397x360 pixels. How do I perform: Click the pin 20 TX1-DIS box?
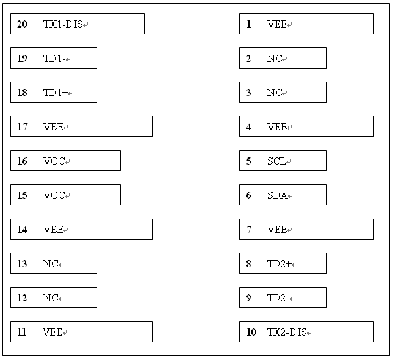[x=77, y=24]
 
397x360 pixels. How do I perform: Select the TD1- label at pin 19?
[x=55, y=59]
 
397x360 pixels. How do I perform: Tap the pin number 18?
[x=22, y=93]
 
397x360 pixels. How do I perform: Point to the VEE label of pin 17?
[x=53, y=127]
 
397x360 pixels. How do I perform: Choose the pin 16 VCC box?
[x=65, y=161]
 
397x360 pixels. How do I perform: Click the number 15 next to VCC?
[x=22, y=195]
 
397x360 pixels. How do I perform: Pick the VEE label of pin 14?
[x=53, y=230]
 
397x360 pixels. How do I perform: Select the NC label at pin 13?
[x=51, y=264]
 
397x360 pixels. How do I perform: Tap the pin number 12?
[x=22, y=298]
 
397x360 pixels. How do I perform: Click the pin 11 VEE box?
[x=81, y=332]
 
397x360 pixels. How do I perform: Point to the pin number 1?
[x=249, y=24]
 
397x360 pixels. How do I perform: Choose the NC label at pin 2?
[x=275, y=59]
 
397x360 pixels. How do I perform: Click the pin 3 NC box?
[x=282, y=92]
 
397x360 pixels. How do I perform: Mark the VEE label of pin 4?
[x=277, y=127]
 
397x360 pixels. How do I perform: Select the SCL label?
[x=277, y=161]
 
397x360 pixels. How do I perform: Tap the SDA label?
[x=277, y=195]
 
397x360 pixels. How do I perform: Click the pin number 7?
[x=249, y=230]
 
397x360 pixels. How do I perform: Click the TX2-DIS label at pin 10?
[x=287, y=332]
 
